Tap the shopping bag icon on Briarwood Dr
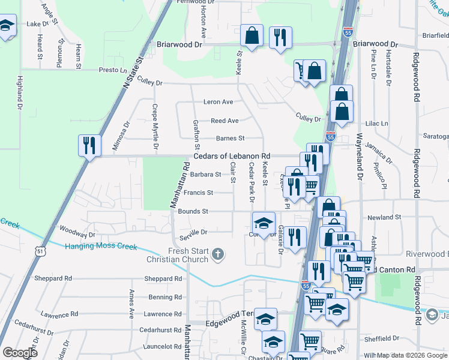coord(252,35)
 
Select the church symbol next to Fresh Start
coord(218,255)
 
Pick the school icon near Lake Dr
coord(6,26)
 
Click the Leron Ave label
coord(218,102)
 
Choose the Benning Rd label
coord(161,297)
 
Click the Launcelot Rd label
coord(160,346)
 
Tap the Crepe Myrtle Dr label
coord(155,127)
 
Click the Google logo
coord(20,353)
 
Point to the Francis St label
coord(198,193)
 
